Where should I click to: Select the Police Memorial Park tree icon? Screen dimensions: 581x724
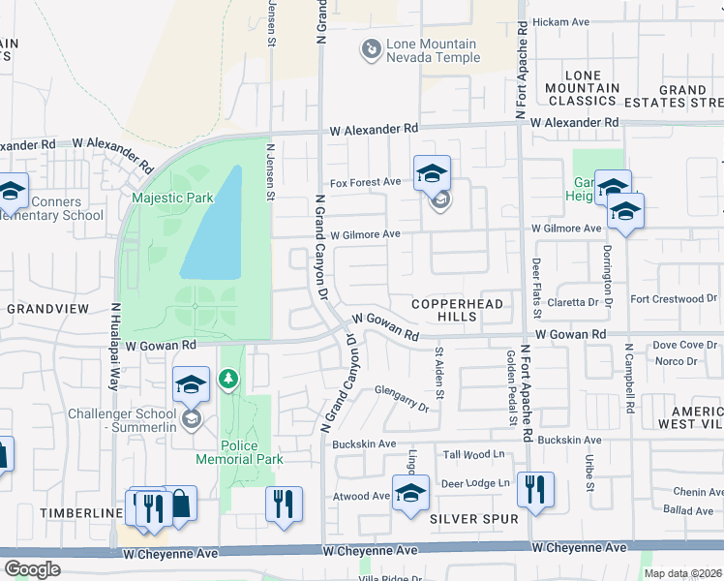(x=229, y=379)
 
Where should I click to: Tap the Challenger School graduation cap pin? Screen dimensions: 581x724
(x=192, y=384)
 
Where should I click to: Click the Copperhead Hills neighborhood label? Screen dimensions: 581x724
(x=458, y=310)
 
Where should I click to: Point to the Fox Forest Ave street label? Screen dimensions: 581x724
(x=365, y=182)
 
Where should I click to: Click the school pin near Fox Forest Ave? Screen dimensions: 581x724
(x=432, y=173)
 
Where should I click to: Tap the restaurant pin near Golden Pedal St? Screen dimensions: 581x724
(x=535, y=491)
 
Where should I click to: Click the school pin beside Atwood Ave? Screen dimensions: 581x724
(x=410, y=492)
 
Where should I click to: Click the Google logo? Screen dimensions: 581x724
(x=32, y=568)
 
